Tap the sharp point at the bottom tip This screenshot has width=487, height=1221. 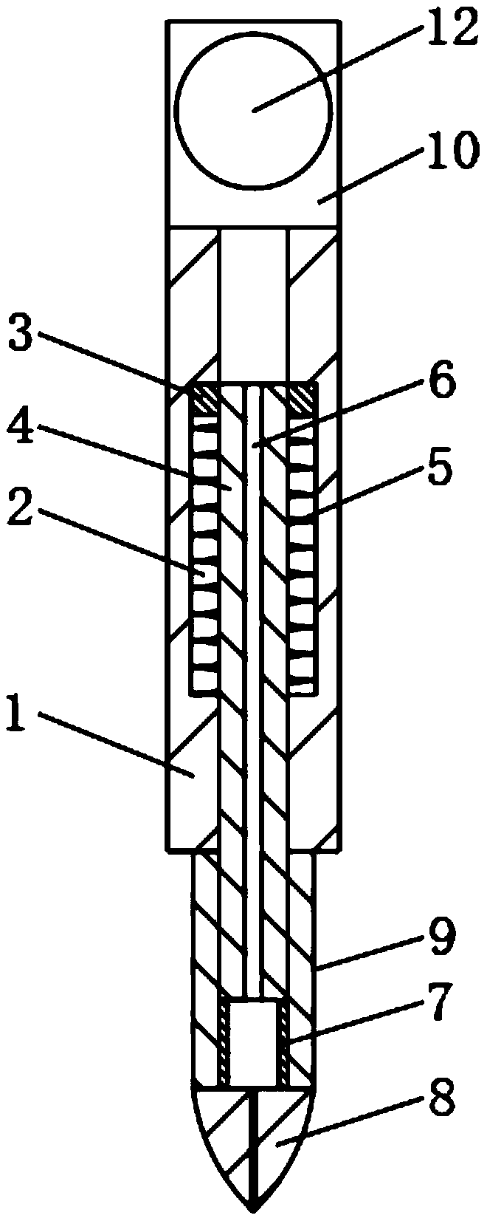pos(253,1210)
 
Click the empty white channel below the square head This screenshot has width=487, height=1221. pos(254,303)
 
